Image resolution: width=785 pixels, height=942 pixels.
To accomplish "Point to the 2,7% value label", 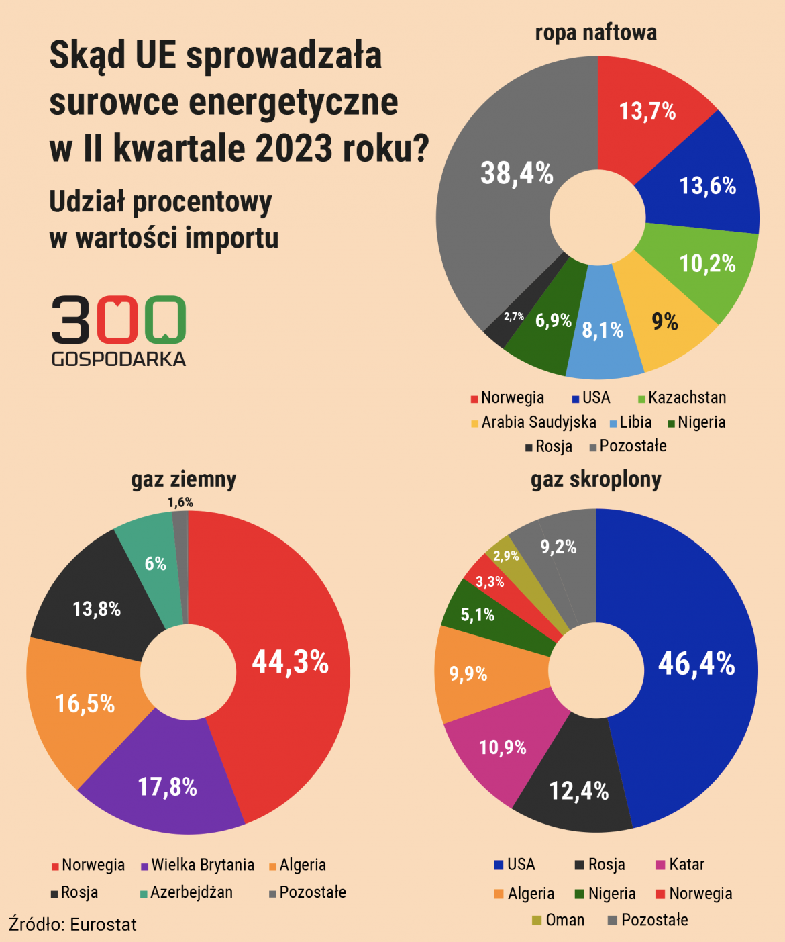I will click(x=514, y=316).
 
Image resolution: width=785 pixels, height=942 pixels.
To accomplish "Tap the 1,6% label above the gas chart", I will click(x=180, y=502).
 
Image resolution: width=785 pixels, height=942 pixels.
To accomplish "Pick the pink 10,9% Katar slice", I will click(x=503, y=747).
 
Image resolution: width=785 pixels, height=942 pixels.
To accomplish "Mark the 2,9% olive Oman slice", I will click(x=505, y=555).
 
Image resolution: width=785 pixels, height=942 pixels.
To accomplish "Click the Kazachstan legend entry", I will click(x=686, y=397).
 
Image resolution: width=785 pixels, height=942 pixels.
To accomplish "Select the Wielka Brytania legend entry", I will click(x=202, y=865).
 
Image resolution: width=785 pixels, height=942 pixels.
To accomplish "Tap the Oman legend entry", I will click(x=564, y=920).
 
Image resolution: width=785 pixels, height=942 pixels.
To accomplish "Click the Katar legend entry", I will click(x=686, y=865).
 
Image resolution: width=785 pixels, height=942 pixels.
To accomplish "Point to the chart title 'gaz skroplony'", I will click(x=596, y=479).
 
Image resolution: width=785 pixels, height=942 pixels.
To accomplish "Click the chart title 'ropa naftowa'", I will click(x=596, y=32).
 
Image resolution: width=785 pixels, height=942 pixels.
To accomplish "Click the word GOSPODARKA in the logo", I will click(x=119, y=359).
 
